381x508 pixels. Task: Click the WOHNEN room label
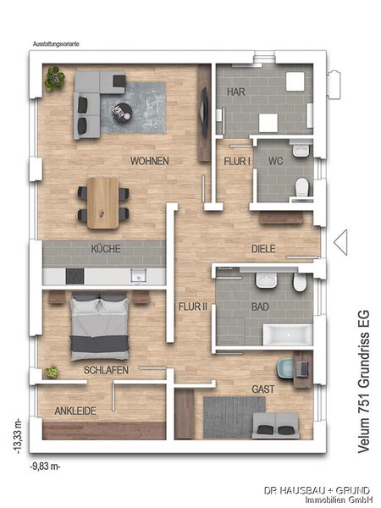tap(149, 161)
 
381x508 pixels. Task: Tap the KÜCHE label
tap(106, 249)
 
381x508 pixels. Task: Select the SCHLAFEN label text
tap(106, 371)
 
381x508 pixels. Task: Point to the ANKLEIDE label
tap(75, 411)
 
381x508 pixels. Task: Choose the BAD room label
tap(260, 308)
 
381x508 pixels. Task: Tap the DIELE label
tap(263, 249)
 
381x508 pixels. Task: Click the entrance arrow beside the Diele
tap(340, 242)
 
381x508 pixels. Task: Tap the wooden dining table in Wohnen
tap(103, 202)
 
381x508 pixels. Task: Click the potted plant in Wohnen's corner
tap(55, 80)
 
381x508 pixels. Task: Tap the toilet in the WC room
tap(301, 186)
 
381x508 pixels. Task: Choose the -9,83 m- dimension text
tap(46, 467)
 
